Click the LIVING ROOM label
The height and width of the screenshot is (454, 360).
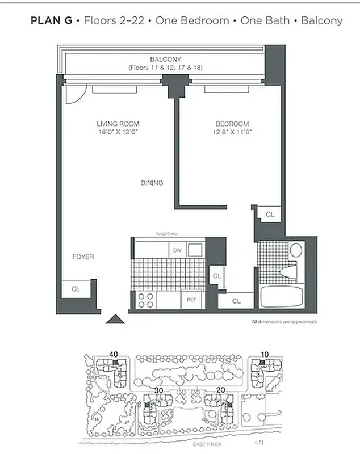pyautogui.click(x=118, y=124)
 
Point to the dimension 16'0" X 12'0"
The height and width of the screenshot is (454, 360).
pyautogui.click(x=118, y=132)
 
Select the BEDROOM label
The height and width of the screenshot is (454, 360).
pyautogui.click(x=232, y=124)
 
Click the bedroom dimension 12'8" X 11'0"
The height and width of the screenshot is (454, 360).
pyautogui.click(x=232, y=132)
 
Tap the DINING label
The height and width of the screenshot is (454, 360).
pyautogui.click(x=152, y=183)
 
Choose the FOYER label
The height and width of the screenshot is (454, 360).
pyautogui.click(x=83, y=257)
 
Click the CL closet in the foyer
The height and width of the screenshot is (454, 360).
pyautogui.click(x=76, y=289)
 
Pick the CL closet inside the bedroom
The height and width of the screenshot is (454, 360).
pyautogui.click(x=270, y=215)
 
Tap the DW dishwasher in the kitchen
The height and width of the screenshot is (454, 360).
pyautogui.click(x=177, y=250)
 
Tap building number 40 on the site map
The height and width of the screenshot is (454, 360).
pyautogui.click(x=114, y=355)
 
